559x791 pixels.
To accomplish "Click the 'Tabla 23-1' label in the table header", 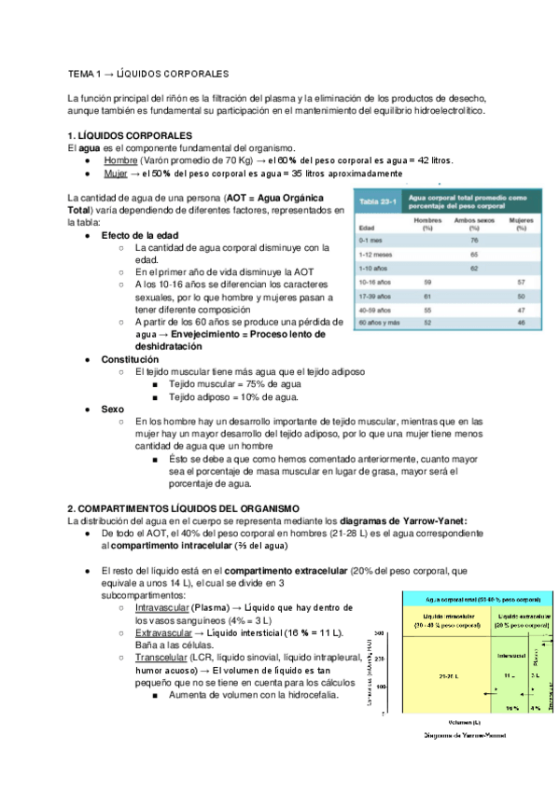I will (377, 201).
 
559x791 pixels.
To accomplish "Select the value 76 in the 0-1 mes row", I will (474, 240).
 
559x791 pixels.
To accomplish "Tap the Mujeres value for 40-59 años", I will (521, 307).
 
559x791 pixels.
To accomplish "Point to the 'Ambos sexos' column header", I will (474, 220).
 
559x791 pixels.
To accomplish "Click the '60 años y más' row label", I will (381, 321).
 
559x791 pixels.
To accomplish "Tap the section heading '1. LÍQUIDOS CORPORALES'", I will (130, 135).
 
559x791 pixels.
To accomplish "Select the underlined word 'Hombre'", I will (120, 160).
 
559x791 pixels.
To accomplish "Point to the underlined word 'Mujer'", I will (116, 173).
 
